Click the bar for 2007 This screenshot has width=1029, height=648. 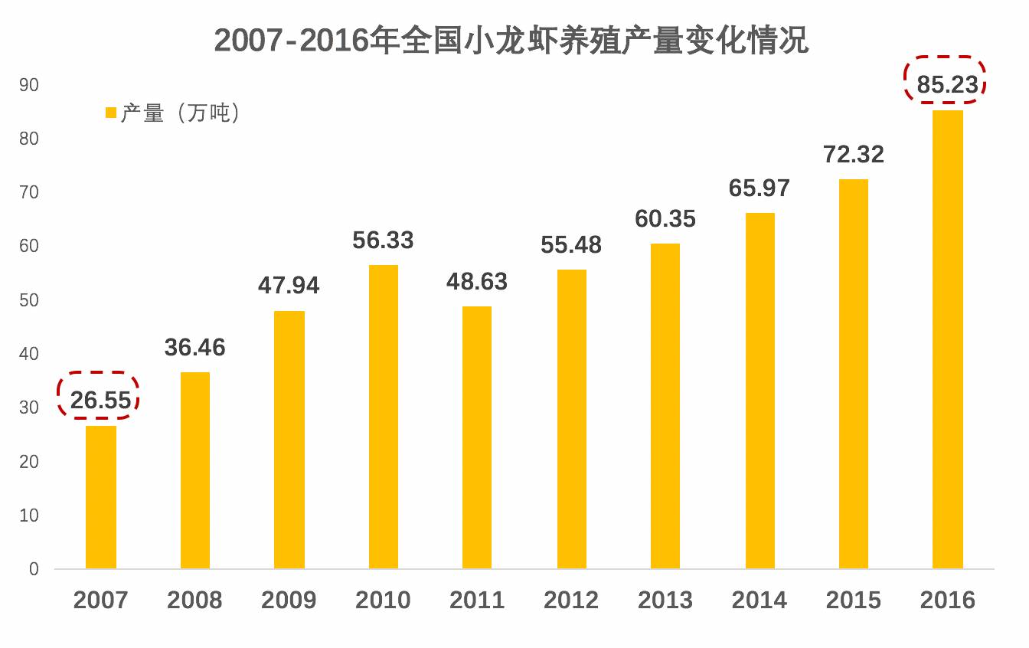pos(101,497)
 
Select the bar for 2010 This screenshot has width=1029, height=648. pos(384,417)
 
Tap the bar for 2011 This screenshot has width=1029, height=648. pos(477,437)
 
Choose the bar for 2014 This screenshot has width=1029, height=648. pos(759,391)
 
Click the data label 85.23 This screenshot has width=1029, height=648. pos(948,85)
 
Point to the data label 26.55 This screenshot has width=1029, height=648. pos(101,400)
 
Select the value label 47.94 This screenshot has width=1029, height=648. pos(289,285)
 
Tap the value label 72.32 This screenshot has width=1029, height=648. pos(853,154)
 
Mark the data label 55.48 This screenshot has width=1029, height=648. pos(571,244)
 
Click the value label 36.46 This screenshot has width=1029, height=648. pos(195,347)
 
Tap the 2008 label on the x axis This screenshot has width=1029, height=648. pos(195,600)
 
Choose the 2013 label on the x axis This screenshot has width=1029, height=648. pos(665,600)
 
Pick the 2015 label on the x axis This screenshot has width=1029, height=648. pos(853,600)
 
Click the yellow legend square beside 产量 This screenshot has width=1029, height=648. pos(110,113)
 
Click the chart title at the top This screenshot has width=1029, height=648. pos(511,40)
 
